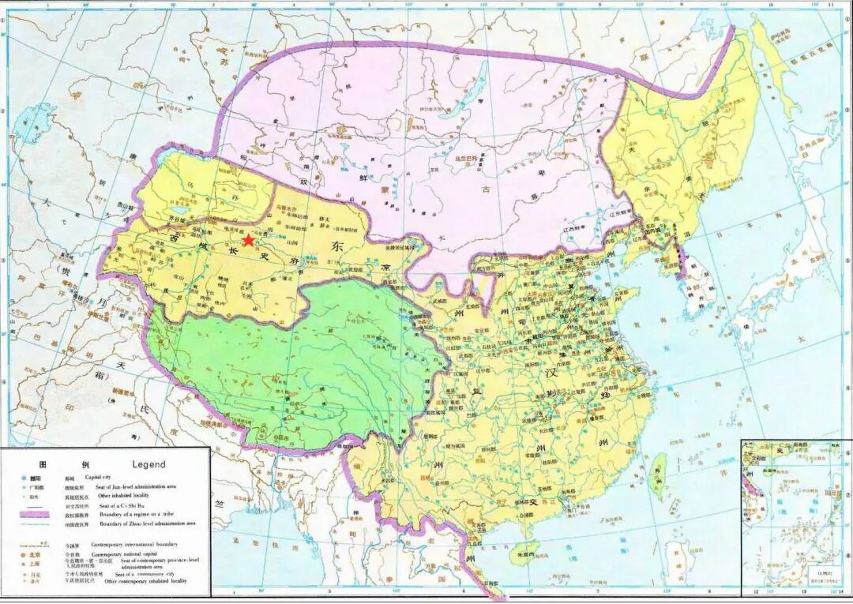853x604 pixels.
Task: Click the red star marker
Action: tap(248, 240)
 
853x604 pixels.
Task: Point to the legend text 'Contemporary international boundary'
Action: tap(133, 544)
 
